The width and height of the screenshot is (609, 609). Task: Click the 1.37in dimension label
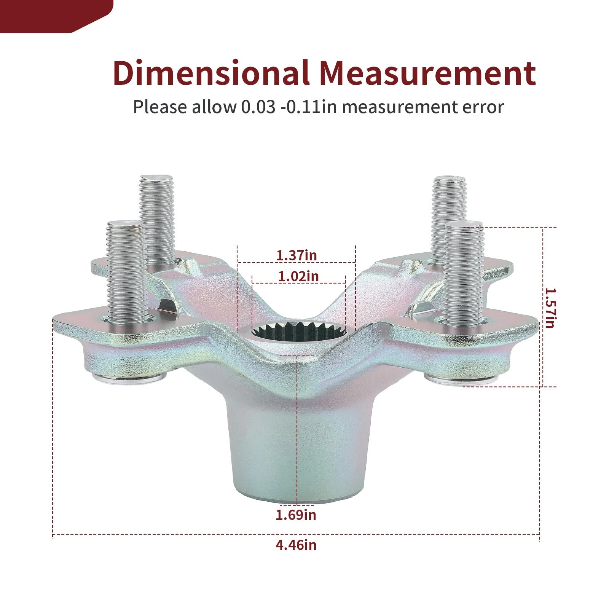[297, 255]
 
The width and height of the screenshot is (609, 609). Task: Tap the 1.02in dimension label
[298, 276]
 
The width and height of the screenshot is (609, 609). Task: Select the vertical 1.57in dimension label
[550, 308]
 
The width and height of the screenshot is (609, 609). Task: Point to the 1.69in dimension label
[296, 515]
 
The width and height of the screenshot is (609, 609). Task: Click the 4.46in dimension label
[296, 545]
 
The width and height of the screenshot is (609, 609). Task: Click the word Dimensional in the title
[211, 73]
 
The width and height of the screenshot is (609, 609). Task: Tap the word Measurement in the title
[428, 73]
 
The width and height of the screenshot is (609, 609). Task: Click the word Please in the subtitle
[160, 107]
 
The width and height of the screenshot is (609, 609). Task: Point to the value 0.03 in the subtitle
[258, 107]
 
